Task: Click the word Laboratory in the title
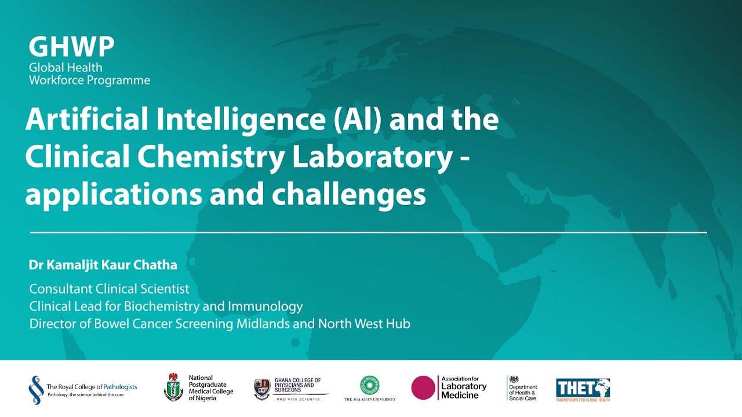point(372,158)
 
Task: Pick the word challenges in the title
point(349,195)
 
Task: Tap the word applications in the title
point(114,196)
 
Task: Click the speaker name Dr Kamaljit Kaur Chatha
point(103,265)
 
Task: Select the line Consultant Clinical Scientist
point(110,288)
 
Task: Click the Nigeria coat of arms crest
point(173,387)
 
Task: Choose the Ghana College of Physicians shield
point(262,388)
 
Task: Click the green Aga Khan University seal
point(370,385)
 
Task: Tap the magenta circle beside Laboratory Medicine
point(423,387)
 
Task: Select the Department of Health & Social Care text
point(523,392)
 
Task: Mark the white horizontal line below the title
point(369,232)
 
